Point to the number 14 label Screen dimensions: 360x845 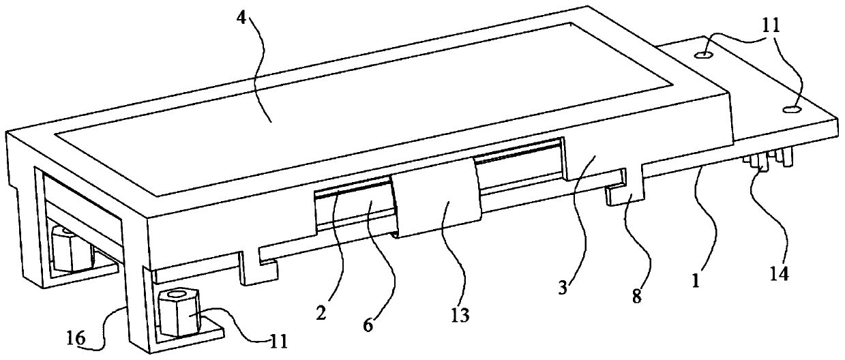click(780, 274)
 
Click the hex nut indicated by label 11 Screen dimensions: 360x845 click(179, 312)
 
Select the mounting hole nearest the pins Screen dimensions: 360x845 click(792, 108)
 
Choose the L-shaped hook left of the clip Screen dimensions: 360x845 click(258, 267)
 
